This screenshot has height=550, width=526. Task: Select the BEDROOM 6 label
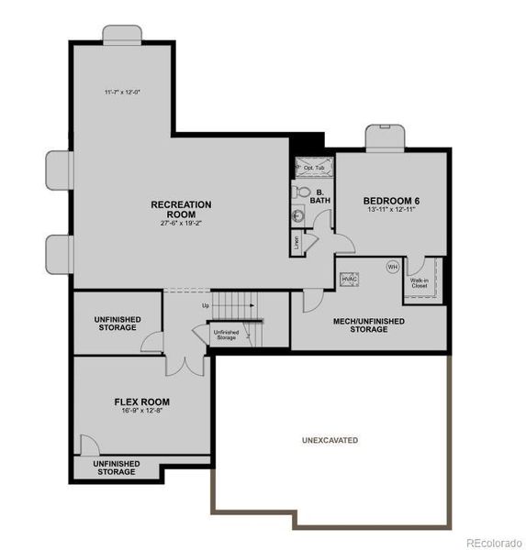click(390, 201)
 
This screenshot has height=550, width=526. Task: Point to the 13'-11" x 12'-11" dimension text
click(390, 212)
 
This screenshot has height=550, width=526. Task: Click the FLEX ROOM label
click(141, 401)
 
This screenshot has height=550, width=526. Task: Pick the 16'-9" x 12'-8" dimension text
click(141, 412)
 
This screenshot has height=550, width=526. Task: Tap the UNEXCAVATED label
click(330, 441)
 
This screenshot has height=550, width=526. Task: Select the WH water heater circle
click(392, 268)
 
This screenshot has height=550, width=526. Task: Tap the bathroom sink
click(298, 216)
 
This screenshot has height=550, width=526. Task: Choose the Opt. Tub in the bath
click(314, 168)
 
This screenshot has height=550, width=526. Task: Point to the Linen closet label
click(297, 243)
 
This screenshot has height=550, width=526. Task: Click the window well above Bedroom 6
click(384, 138)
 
